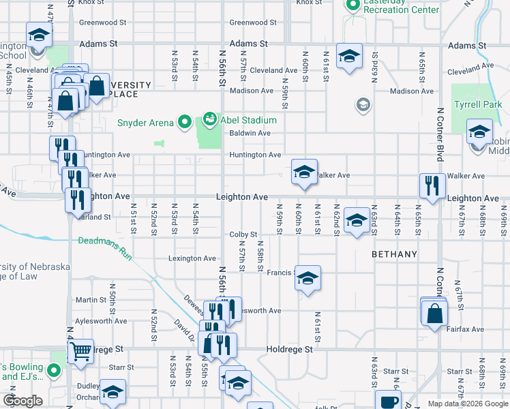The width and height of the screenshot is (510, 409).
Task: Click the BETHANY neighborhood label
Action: coord(394,254)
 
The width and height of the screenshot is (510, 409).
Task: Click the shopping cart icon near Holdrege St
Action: coord(81,351)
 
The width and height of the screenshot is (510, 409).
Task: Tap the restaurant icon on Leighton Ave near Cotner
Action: coord(432,185)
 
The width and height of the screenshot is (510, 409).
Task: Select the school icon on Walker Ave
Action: coord(304,172)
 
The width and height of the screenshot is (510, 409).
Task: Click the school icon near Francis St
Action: coord(307,277)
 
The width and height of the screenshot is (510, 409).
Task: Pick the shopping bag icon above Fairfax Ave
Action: coord(434,314)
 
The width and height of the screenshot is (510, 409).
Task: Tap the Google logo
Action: coord(22,401)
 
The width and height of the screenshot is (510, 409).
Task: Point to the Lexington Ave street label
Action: coord(192,258)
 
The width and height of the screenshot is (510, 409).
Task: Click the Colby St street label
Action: coord(243,234)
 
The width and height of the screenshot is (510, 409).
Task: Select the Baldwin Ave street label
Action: coord(250,134)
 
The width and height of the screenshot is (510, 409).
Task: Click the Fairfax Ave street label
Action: coord(466,329)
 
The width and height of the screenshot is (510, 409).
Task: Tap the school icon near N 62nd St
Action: coord(356,220)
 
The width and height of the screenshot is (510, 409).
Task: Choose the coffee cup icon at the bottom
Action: coord(389,402)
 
